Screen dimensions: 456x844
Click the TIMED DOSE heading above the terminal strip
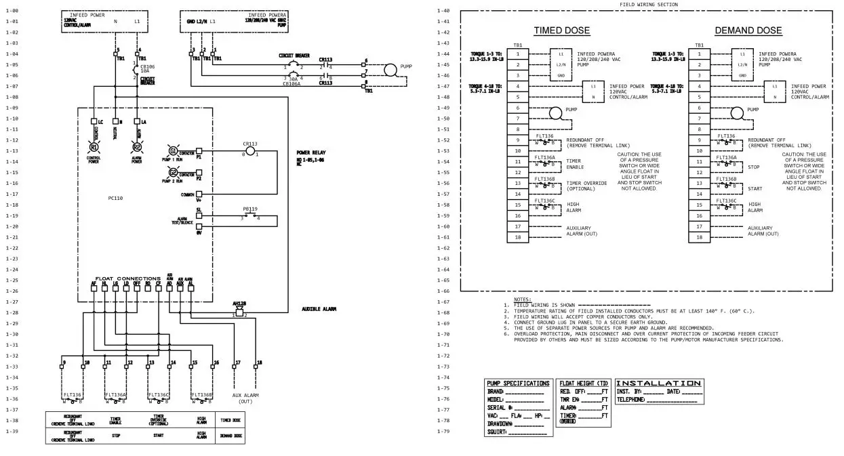pos(561,30)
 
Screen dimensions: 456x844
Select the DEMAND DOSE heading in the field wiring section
pos(748,30)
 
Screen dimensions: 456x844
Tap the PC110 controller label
pos(115,199)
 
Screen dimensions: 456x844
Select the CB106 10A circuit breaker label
pos(147,69)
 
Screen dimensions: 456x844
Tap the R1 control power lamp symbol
pos(94,146)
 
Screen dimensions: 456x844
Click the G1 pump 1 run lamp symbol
pos(173,151)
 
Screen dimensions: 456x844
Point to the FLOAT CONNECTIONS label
pos(127,278)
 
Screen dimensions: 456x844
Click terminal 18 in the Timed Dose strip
pos(518,237)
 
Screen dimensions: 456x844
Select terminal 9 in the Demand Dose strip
pos(698,140)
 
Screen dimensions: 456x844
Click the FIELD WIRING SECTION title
pos(648,5)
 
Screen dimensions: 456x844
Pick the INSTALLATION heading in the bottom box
pos(658,384)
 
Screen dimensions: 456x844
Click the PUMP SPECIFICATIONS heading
pos(518,384)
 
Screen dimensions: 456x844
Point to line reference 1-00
pos(12,11)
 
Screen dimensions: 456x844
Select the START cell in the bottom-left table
pos(158,436)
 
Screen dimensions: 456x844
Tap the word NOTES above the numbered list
pos(522,299)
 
